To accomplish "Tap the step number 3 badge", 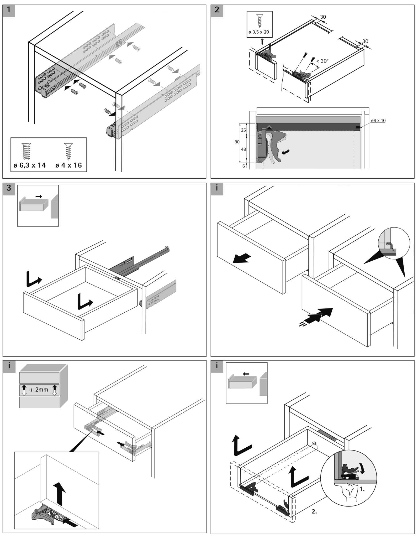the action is tap(9, 189).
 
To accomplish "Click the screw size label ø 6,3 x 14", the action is tap(30, 165).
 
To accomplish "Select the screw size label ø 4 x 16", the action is tap(68, 165).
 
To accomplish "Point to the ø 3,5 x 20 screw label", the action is tap(259, 32).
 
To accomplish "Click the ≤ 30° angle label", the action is tap(322, 61).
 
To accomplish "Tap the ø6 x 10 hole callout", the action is tap(378, 121).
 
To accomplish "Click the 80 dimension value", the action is tap(237, 142).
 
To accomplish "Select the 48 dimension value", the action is tap(244, 149).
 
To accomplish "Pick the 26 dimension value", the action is tap(244, 130).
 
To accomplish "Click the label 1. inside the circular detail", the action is tap(362, 489).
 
